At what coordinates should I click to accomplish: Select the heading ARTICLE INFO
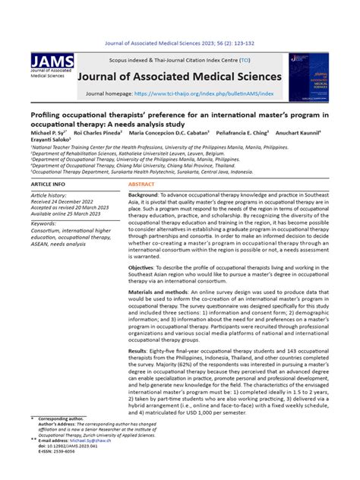tap(49, 185)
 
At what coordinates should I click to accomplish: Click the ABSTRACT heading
tap(141, 185)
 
